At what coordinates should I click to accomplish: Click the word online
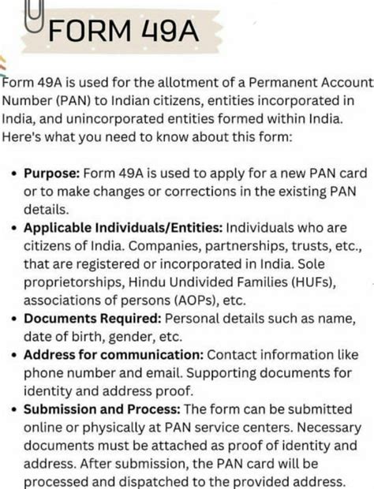pyautogui.click(x=43, y=427)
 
